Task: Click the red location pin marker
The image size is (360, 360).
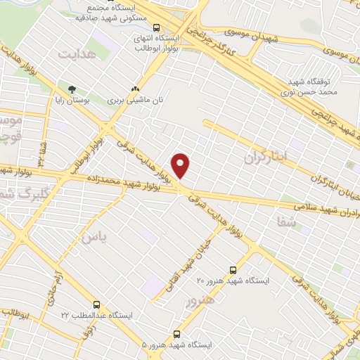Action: (x=181, y=166)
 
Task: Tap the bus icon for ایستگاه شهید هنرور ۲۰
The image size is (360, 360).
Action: (x=234, y=269)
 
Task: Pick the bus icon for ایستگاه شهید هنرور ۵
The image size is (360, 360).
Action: (x=176, y=334)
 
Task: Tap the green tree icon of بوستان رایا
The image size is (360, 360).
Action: (x=72, y=89)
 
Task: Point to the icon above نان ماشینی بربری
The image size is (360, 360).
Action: (x=135, y=89)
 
